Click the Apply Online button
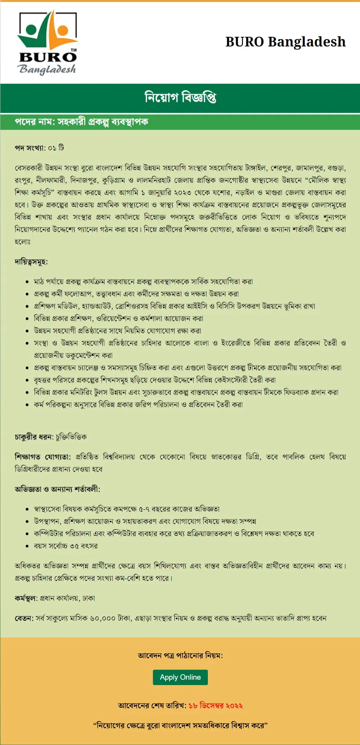coord(180,677)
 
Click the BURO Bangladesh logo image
coord(48,43)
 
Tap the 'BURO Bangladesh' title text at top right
coord(285,42)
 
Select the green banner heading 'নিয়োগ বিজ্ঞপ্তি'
coord(180,98)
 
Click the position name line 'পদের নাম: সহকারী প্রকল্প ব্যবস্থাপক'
coord(81,122)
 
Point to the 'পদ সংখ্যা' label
coord(30,148)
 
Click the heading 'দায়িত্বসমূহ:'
coord(31,262)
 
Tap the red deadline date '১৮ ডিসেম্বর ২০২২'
coord(216,705)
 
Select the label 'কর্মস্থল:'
coord(26,598)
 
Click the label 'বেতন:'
coord(24,618)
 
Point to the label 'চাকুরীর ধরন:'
coord(34,437)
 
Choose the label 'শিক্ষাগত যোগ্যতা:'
coord(43,457)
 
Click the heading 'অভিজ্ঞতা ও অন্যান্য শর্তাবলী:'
coord(57,489)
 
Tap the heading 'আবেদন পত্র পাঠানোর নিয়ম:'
coord(180,655)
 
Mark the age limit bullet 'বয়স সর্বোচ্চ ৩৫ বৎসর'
coord(66,546)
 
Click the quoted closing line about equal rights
coord(180,725)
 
